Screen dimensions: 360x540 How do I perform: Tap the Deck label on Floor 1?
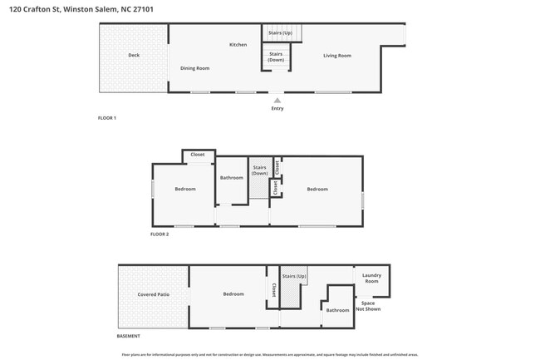pos(134,56)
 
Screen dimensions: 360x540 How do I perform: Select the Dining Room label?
pos(194,68)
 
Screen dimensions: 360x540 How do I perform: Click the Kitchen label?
pos(238,44)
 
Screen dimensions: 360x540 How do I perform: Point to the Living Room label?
pos(337,56)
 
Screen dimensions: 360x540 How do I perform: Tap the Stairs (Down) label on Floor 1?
pos(276,57)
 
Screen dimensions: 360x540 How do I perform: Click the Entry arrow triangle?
pos(277,101)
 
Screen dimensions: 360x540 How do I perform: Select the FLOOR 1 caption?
pos(107,118)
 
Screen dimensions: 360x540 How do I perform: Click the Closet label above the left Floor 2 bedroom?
pos(198,155)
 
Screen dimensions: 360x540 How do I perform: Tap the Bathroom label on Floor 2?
pos(232,177)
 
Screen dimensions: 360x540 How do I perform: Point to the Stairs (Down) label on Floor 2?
pos(259,170)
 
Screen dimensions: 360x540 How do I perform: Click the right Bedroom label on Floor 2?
pos(317,189)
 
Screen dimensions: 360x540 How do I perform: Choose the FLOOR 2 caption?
pos(160,234)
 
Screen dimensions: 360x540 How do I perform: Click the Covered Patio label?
pos(154,294)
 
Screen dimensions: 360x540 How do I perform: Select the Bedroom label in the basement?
pos(233,294)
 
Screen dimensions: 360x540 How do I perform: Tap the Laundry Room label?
pos(371,279)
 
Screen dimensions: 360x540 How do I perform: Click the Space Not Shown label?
pos(368,306)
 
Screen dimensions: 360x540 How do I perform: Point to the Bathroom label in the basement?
pos(337,310)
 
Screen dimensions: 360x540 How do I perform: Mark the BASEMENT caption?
pos(128,336)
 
